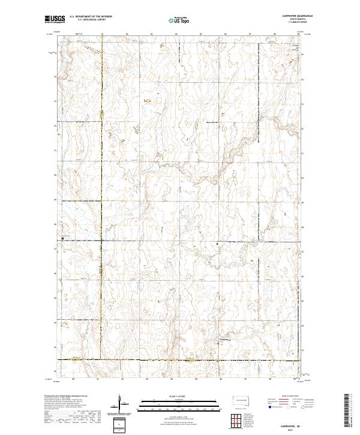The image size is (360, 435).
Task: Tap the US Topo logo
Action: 179,20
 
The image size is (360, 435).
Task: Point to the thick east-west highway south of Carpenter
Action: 180,360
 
